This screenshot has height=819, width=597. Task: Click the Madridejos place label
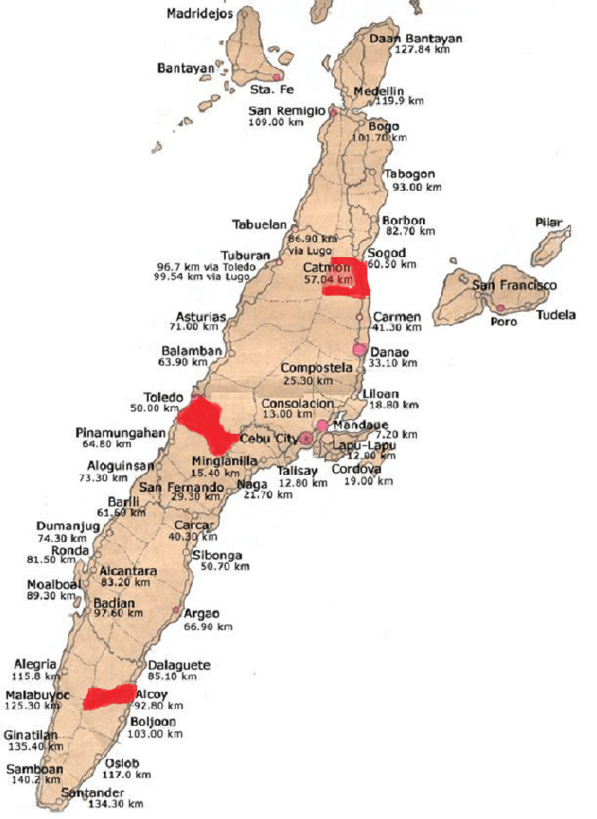(x=200, y=13)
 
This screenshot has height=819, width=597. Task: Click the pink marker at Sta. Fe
(x=265, y=78)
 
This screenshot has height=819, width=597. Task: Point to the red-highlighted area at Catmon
(x=349, y=277)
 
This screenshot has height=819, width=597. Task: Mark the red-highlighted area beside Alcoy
(x=109, y=697)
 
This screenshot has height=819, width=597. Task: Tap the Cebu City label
(x=269, y=438)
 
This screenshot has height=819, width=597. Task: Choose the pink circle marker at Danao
(x=360, y=349)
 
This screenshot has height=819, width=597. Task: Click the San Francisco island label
(x=515, y=285)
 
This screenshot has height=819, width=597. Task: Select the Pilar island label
(x=548, y=221)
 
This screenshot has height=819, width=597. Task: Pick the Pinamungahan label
(x=121, y=433)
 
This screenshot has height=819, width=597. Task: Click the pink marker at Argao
(x=188, y=614)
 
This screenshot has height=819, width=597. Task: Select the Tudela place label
(x=557, y=315)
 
